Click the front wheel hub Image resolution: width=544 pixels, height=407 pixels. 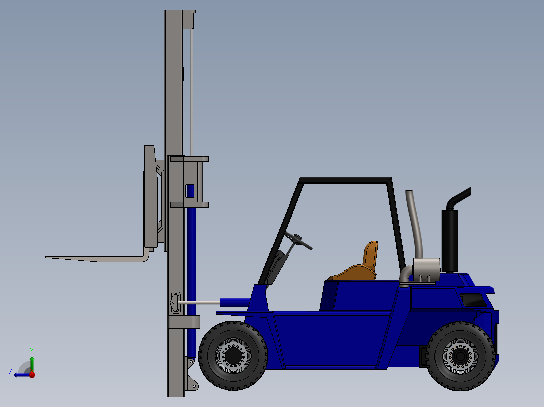click(x=233, y=356)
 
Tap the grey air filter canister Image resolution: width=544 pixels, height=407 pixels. click(x=426, y=270)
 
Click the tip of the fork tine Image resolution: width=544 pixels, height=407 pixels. click(x=47, y=257)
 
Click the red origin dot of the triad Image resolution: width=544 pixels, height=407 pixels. click(x=32, y=375)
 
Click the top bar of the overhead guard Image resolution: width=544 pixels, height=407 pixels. click(x=346, y=180)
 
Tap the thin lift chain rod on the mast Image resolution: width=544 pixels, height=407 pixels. click(x=191, y=91)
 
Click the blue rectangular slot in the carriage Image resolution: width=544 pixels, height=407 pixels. click(x=190, y=190)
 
